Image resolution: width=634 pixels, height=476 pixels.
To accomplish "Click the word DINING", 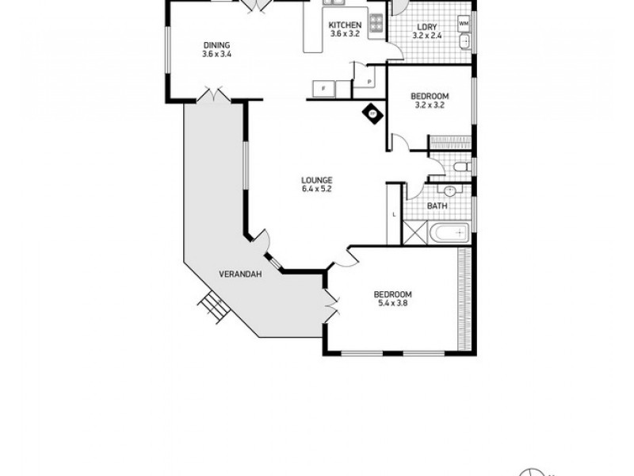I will [216, 44].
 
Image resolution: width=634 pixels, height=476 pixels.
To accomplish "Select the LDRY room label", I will [426, 25].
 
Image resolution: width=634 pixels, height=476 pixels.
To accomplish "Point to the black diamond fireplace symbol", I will [371, 113].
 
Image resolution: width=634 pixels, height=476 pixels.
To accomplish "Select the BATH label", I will [437, 206].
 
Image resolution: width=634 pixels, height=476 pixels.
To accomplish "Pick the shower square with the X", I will [414, 232].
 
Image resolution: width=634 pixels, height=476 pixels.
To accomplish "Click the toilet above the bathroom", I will [460, 167].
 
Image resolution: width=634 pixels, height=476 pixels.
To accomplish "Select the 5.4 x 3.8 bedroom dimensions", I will [392, 304].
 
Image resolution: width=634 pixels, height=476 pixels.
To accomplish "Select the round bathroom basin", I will [449, 191].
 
